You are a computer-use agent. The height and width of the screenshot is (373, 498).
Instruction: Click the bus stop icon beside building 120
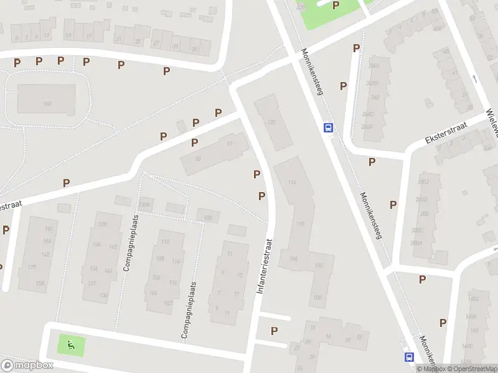point(328,128)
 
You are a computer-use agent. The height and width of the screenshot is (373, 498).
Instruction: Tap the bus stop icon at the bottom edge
point(410,357)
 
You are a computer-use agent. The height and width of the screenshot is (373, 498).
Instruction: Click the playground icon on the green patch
point(70,344)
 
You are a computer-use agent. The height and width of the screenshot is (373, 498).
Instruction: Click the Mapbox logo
point(27,366)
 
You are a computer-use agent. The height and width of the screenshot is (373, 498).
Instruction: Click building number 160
point(47,104)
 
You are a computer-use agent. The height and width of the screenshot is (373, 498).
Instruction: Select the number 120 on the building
point(270,122)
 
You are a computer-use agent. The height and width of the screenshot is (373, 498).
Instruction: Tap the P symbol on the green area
point(336,6)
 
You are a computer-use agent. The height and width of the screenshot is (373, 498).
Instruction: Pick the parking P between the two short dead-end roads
point(274,331)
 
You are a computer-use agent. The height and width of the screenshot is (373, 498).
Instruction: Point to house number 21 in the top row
point(118,39)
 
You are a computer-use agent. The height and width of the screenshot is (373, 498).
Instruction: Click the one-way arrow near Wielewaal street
point(475,78)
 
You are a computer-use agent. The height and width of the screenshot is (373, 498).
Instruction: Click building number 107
point(319,265)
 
